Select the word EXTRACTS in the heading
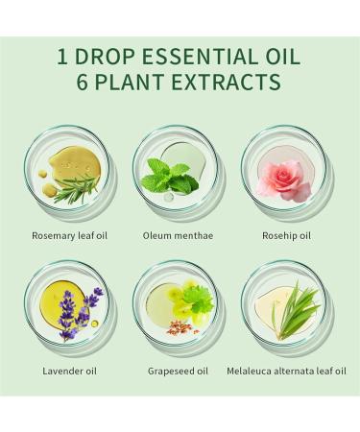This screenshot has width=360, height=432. (x=228, y=83)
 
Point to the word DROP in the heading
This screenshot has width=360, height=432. (x=106, y=56)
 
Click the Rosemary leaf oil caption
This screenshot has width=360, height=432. (x=68, y=233)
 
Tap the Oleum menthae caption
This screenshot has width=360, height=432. (x=178, y=233)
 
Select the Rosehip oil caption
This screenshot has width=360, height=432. (x=285, y=233)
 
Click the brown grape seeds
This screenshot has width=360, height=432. (x=180, y=328)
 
